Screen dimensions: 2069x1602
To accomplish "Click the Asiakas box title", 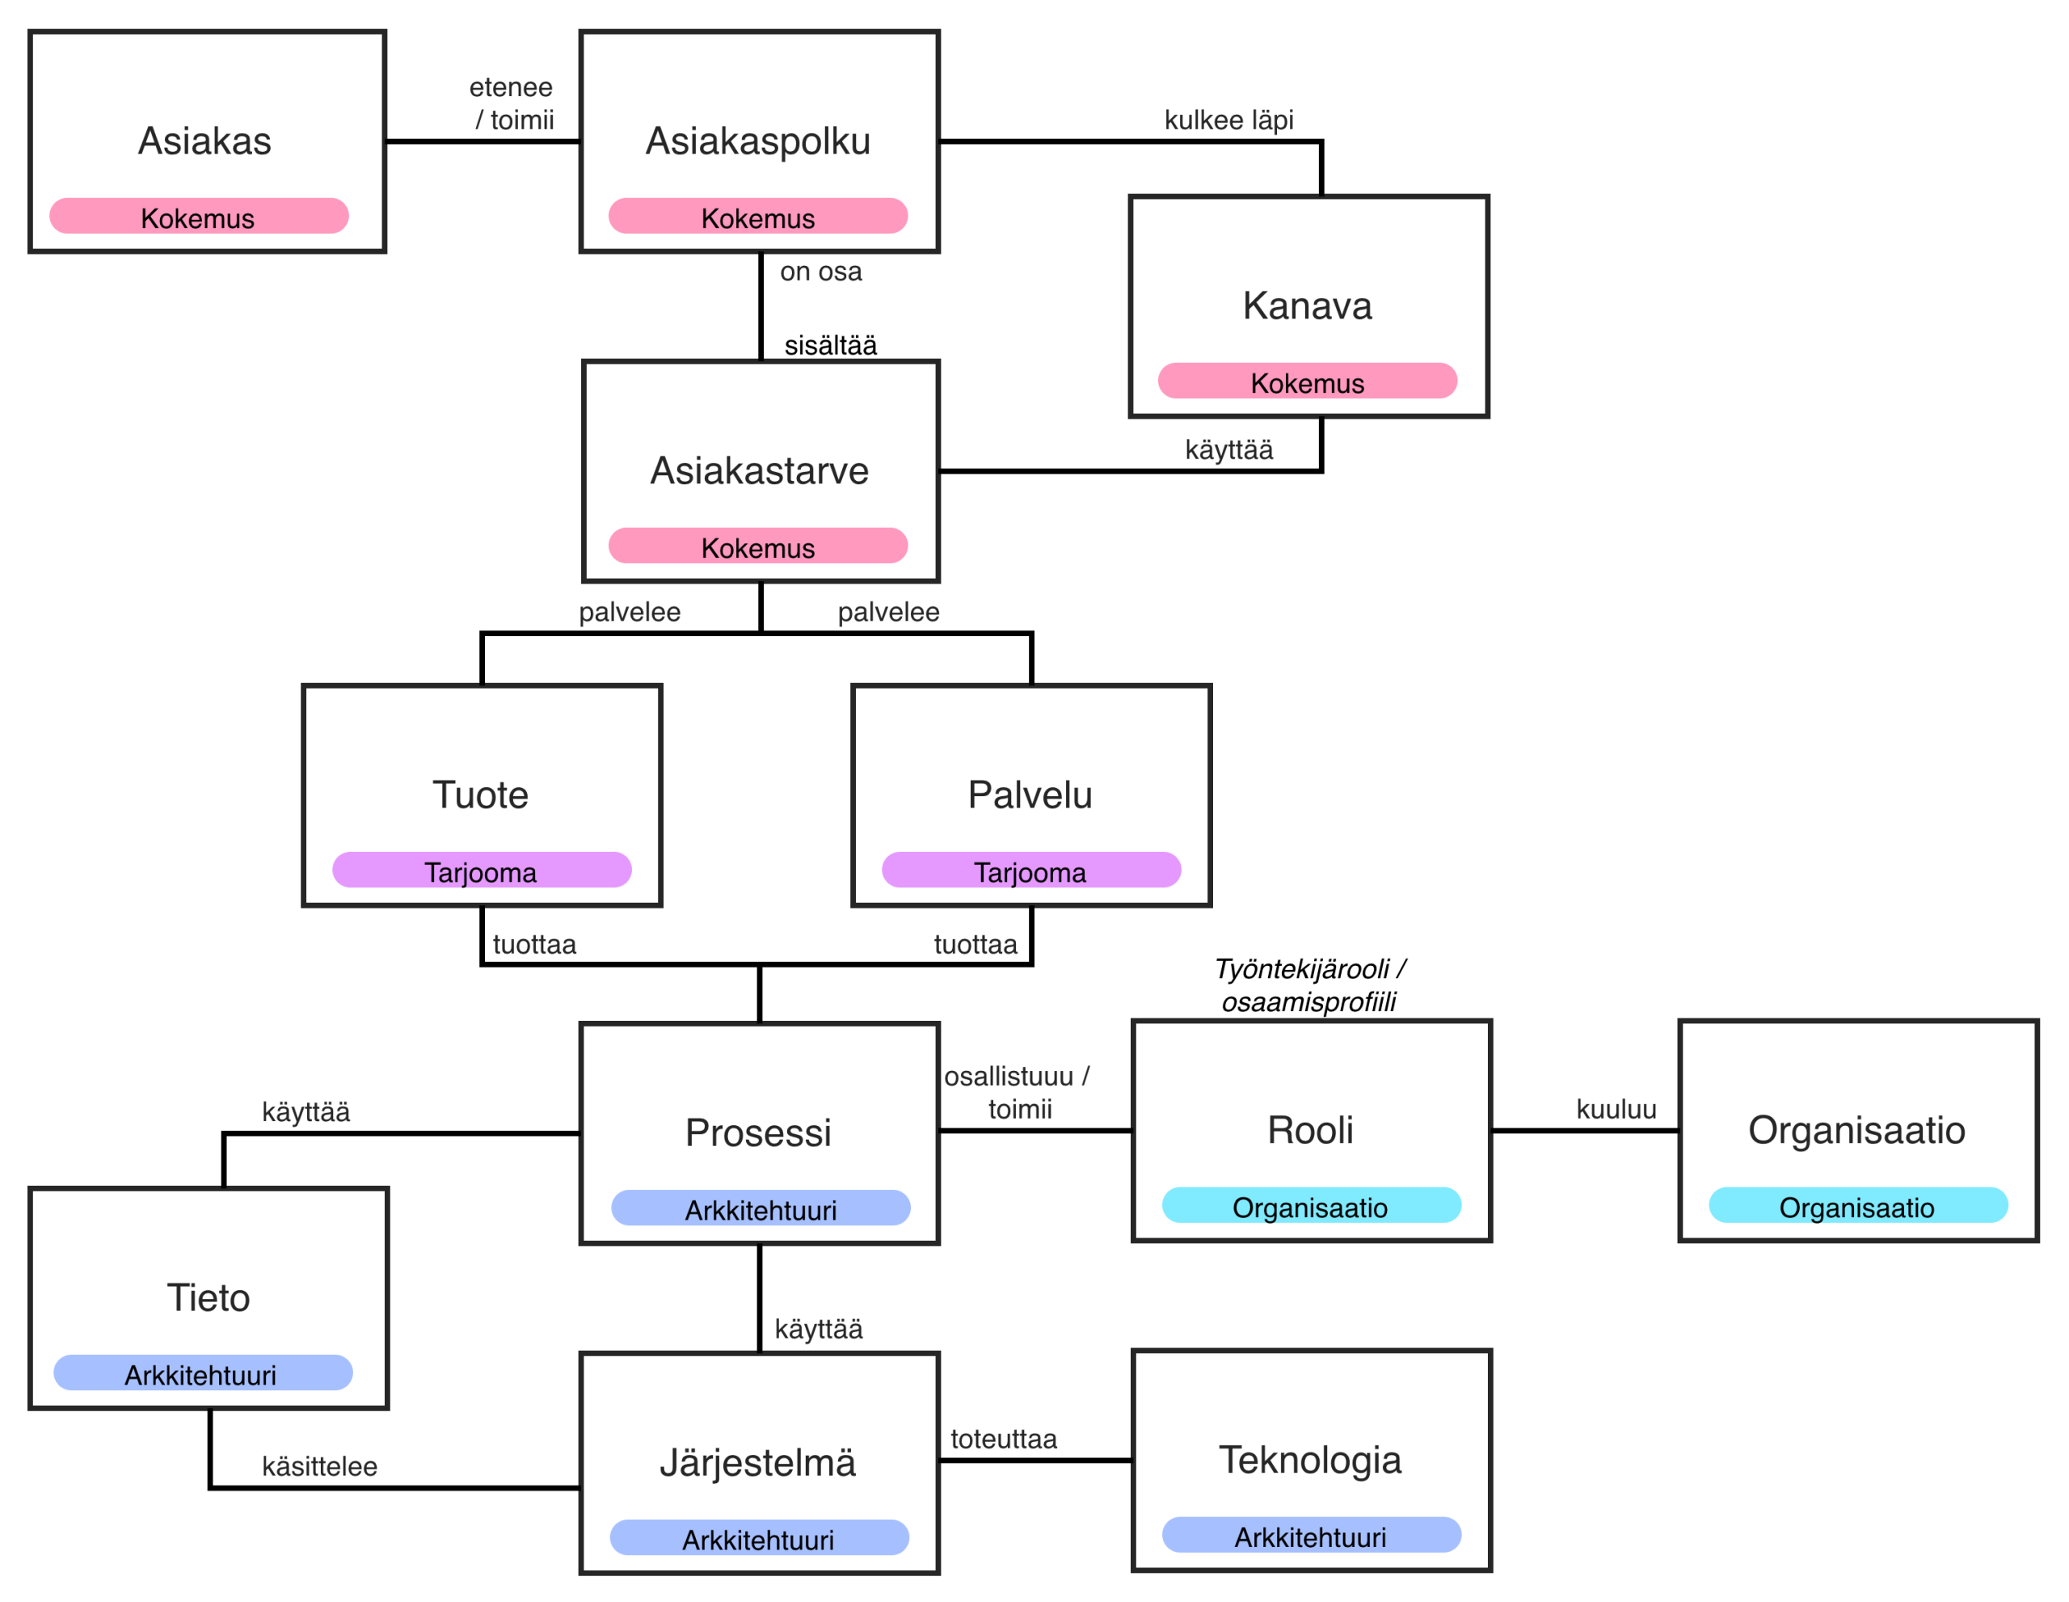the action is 204,141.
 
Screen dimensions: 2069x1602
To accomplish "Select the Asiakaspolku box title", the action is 758,141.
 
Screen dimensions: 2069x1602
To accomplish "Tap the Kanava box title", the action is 1308,306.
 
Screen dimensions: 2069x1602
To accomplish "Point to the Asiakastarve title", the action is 759,471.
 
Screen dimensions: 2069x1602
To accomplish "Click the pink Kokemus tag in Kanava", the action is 1308,381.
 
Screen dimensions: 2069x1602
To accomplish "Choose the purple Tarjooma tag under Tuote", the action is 481,870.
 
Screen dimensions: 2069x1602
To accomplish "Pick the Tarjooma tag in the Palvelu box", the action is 1030,870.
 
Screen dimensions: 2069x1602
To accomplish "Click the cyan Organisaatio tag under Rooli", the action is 1311,1205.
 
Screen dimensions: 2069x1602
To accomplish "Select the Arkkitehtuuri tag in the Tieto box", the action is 203,1372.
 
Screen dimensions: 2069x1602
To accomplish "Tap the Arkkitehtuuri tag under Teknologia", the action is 1311,1535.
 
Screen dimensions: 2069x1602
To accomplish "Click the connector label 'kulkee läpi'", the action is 1228,120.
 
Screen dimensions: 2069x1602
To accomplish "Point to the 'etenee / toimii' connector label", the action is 512,103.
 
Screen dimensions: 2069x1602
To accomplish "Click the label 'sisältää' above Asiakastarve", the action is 831,345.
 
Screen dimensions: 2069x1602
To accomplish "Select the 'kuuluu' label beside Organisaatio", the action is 1616,1110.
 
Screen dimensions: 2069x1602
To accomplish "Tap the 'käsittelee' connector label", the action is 319,1466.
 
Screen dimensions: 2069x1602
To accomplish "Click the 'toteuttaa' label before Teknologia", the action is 1003,1439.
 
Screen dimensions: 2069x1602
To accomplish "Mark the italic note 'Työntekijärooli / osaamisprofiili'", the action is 1310,985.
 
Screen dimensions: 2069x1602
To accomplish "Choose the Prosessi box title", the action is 758,1133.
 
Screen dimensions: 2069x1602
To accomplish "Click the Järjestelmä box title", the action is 758,1463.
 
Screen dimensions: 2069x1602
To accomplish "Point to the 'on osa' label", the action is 820,272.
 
